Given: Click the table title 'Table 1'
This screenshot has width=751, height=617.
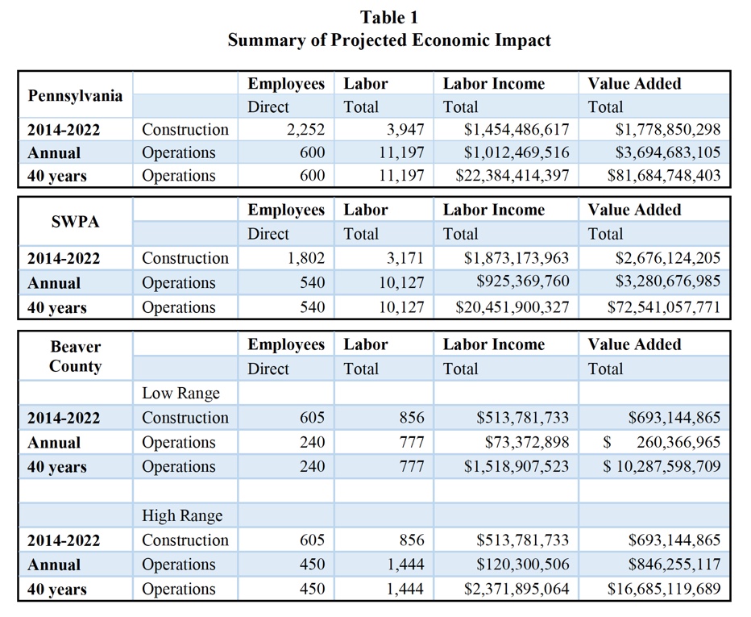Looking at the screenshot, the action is (x=389, y=18).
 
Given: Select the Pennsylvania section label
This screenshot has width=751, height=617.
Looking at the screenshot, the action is (x=75, y=96).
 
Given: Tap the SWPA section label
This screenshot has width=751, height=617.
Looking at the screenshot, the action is (x=75, y=222).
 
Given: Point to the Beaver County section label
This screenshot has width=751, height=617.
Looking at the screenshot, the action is (x=75, y=356).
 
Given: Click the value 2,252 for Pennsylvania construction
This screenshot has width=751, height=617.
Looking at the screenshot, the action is (x=305, y=129).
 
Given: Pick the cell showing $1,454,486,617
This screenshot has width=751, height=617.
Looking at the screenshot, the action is (x=517, y=129).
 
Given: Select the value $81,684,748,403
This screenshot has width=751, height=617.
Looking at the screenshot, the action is (x=664, y=176).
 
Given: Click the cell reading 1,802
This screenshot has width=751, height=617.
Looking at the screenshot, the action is (x=305, y=258).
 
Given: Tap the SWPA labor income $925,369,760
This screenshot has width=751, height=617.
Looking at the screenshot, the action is (x=522, y=281).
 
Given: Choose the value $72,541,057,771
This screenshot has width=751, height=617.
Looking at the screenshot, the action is (x=664, y=306).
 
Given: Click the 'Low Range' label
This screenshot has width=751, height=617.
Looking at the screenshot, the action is (x=180, y=394).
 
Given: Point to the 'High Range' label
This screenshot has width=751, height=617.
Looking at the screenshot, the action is (x=182, y=516).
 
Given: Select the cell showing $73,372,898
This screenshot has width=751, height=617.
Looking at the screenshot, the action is (x=527, y=442).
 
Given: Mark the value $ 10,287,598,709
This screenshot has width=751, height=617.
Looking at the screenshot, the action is (x=662, y=466).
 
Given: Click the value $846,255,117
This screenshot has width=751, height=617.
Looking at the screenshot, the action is (x=674, y=565).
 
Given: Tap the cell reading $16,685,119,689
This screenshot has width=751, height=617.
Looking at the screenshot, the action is (x=664, y=590).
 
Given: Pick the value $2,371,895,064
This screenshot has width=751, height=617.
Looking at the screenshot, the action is (x=517, y=590).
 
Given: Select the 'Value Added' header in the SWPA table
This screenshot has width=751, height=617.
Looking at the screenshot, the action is (x=635, y=210).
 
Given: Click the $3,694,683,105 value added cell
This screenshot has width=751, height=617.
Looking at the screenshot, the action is (x=668, y=152).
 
